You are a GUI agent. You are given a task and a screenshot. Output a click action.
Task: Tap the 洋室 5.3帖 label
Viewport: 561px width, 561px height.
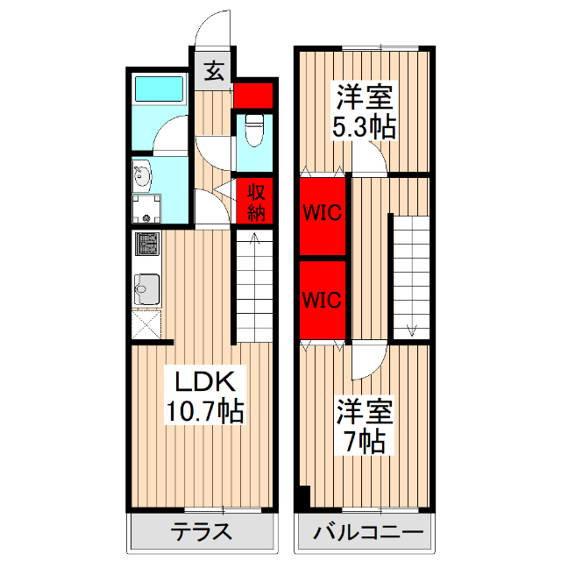point(363,111)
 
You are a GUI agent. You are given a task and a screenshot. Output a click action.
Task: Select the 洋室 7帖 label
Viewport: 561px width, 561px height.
point(363,425)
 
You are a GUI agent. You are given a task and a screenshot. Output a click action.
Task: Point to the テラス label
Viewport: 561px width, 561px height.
point(201,531)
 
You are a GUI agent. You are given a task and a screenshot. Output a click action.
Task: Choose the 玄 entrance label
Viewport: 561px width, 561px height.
point(214,71)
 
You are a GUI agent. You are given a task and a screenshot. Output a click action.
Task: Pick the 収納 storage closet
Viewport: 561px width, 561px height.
point(255,202)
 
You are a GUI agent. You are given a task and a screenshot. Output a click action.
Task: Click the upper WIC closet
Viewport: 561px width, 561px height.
point(323,212)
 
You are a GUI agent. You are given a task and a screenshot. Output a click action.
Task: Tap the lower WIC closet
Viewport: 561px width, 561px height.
point(323,299)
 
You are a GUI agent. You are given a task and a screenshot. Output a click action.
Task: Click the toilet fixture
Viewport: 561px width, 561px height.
point(255,132)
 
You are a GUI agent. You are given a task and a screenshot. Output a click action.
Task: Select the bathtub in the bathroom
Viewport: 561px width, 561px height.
point(158,89)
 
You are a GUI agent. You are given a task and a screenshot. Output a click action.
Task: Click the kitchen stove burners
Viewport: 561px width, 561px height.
point(146,243)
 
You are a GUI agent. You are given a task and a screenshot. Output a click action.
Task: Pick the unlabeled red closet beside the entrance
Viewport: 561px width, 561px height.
point(255,94)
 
